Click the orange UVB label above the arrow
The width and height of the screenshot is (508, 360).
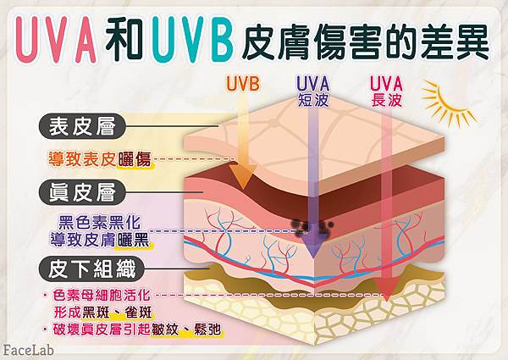[243, 84]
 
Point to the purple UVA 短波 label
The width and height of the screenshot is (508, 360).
[312, 88]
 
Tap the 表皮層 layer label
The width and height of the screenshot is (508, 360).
[85, 128]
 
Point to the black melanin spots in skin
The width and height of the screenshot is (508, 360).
[298, 225]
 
